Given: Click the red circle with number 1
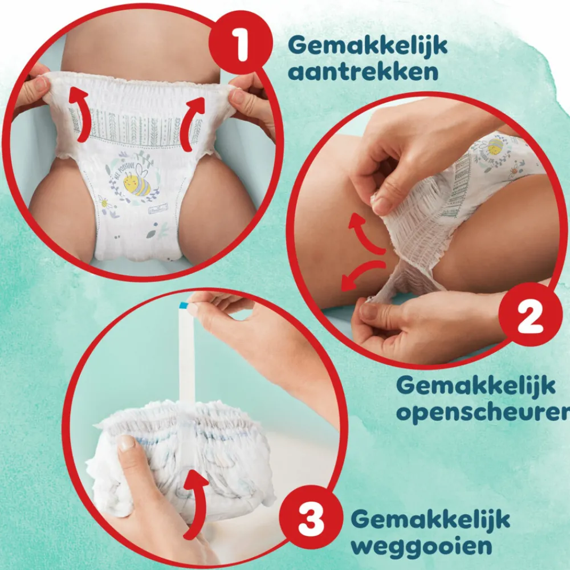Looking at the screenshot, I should pyautogui.click(x=241, y=47).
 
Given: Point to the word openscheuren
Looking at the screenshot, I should pyautogui.click(x=482, y=412).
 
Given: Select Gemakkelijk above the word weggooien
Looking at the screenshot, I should pyautogui.click(x=430, y=519).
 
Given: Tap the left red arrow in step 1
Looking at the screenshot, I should pyautogui.click(x=82, y=114).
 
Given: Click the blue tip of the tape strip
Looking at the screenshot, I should pyautogui.click(x=184, y=307).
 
